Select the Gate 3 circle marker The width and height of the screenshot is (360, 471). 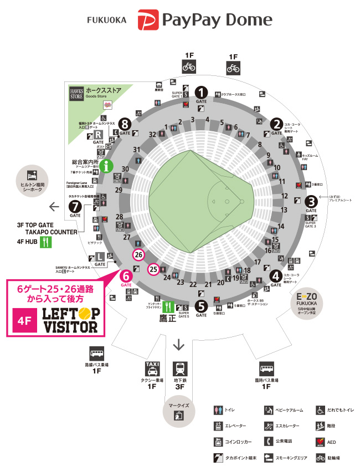click(311, 202)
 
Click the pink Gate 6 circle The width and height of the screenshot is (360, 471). click(126, 275)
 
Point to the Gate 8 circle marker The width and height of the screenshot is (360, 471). click(125, 124)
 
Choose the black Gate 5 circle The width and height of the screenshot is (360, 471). click(202, 305)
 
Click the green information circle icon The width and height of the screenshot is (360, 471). click(106, 165)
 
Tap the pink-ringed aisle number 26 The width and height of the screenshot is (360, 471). click(138, 255)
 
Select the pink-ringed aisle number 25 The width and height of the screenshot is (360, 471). click(153, 269)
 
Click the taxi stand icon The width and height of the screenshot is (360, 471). click(152, 368)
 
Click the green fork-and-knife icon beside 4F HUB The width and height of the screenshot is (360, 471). click(46, 242)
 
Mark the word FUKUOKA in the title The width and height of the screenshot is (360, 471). click(107, 20)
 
